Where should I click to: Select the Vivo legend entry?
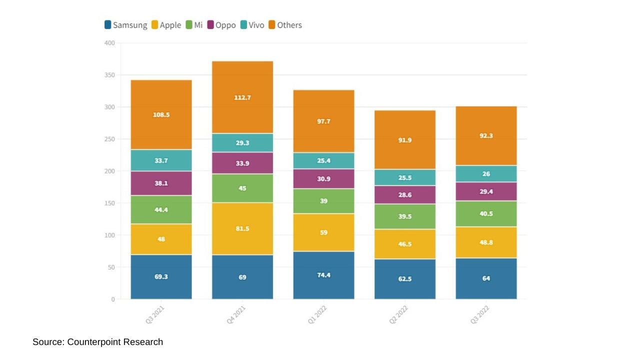[252, 25]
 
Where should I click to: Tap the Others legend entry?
[285, 25]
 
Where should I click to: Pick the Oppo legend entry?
[221, 25]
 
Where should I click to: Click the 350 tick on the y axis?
[109, 75]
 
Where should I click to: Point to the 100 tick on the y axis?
[109, 235]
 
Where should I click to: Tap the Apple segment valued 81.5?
[242, 228]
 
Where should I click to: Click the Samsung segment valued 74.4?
[323, 275]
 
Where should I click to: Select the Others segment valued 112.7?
[242, 97]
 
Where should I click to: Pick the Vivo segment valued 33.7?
[161, 160]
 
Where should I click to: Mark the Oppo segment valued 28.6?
[405, 195]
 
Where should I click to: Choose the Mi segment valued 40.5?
[486, 213]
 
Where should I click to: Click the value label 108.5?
[161, 114]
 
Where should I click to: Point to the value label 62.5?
[405, 279]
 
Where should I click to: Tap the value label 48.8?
[486, 242]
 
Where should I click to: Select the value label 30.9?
[323, 179]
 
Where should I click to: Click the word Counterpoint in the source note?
[93, 342]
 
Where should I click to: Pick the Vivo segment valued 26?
[486, 174]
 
